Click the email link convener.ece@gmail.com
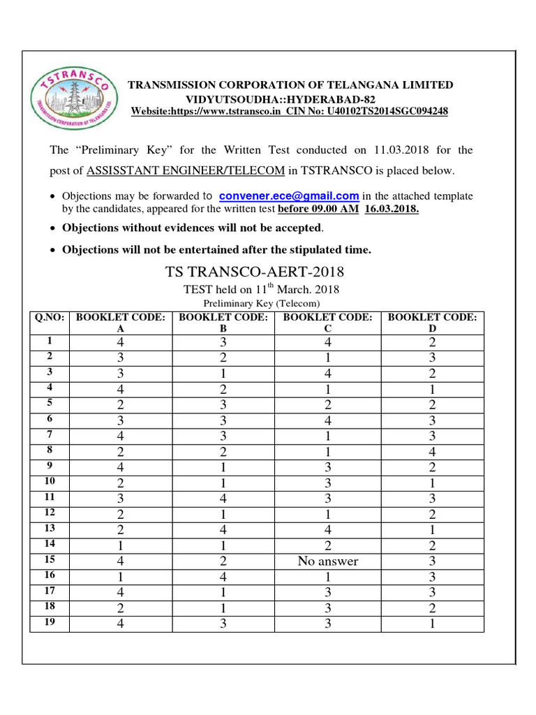289,196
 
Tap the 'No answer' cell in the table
327,561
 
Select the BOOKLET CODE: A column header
120,323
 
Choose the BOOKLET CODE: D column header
432,323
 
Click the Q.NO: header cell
50,317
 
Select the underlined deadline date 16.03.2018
392,209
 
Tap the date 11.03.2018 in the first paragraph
400,150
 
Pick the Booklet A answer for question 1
120,343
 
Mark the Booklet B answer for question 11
223,498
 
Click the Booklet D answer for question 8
432,452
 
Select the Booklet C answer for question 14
327,545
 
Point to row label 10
50,480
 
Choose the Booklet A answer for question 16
120,576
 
